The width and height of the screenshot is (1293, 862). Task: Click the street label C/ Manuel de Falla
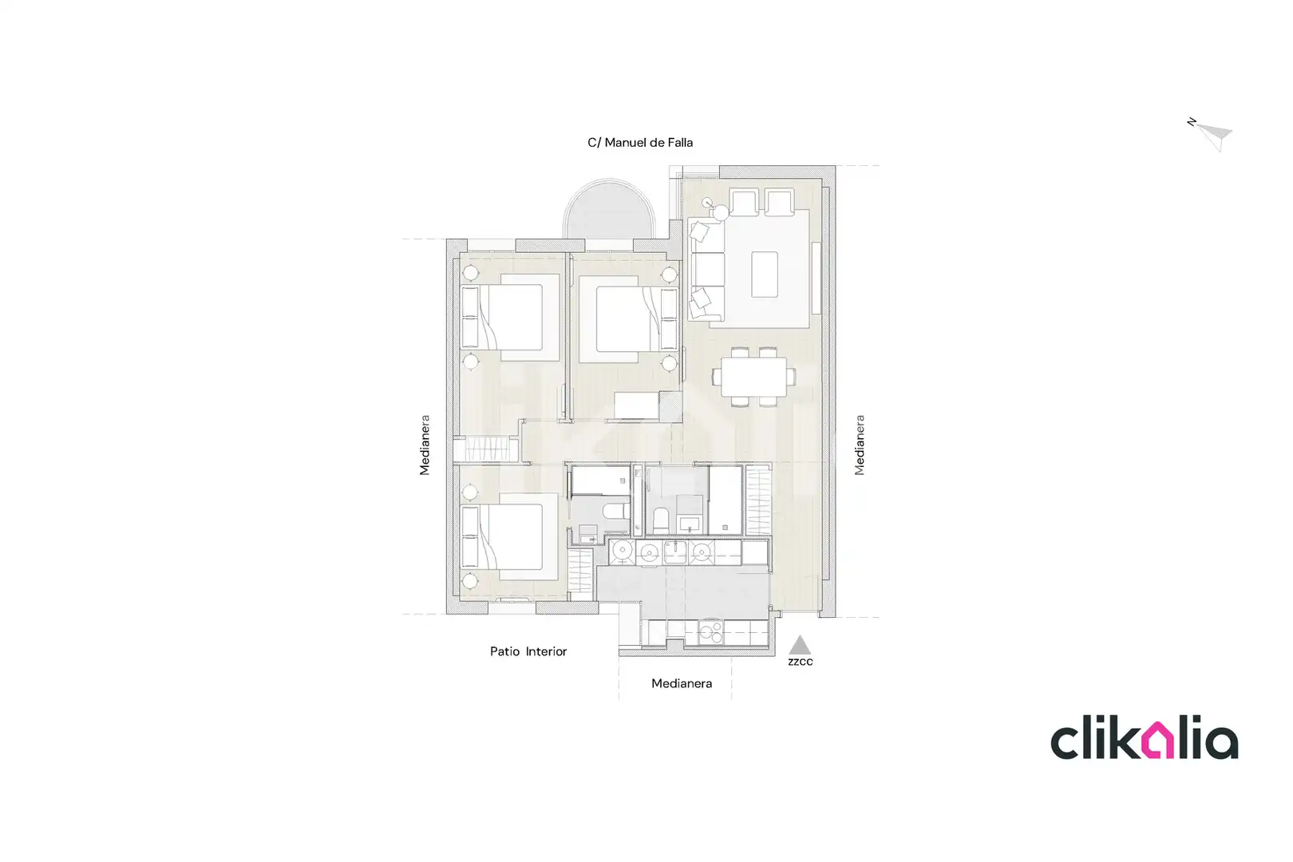click(640, 143)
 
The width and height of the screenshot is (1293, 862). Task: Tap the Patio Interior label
click(528, 651)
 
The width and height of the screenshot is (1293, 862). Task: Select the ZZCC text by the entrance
click(800, 662)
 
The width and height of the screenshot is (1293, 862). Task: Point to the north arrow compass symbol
click(1212, 134)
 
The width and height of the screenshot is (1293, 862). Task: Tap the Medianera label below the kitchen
click(682, 683)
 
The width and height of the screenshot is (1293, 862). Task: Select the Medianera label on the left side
click(425, 445)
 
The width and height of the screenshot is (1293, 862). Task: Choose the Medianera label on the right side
click(860, 445)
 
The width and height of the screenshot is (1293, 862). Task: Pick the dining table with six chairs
click(754, 377)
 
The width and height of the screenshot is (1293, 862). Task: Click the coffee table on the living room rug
click(765, 275)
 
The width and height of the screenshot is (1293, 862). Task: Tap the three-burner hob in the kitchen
click(710, 632)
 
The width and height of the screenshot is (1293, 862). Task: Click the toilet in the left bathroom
click(616, 511)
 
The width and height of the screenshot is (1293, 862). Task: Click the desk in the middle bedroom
click(636, 405)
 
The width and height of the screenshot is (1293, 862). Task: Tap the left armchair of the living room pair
click(744, 201)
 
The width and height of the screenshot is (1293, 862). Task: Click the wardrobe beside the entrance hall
click(758, 500)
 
